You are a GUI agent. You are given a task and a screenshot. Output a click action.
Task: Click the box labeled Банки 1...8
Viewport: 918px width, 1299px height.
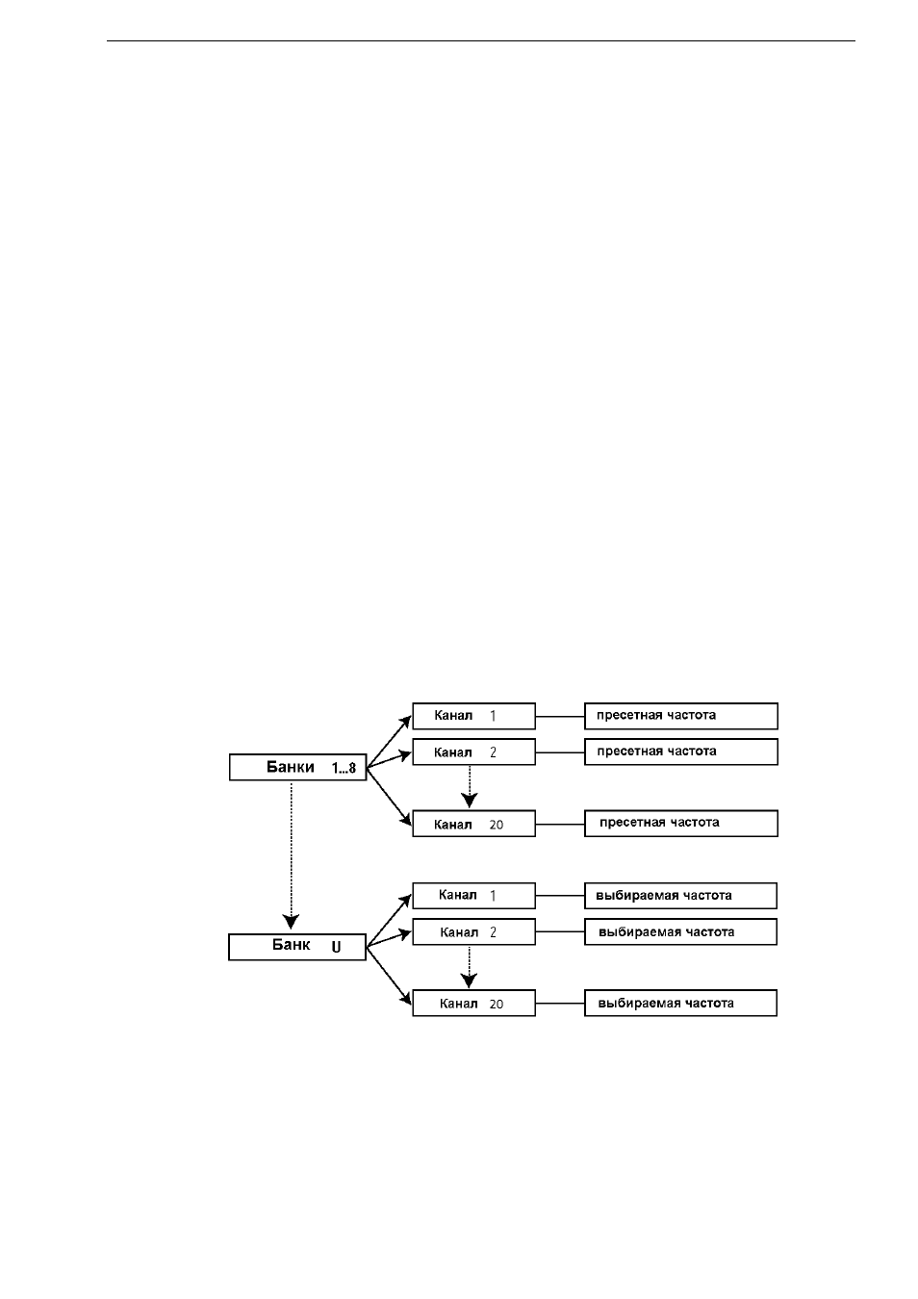click(x=298, y=767)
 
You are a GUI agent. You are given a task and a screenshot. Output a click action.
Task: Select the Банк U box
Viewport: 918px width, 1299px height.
click(x=297, y=947)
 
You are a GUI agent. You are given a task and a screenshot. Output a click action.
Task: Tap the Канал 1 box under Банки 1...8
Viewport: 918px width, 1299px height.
click(x=473, y=716)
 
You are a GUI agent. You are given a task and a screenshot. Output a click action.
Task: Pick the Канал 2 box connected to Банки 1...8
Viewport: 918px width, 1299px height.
click(x=473, y=752)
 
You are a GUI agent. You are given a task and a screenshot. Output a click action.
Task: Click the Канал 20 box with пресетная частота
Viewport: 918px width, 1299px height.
click(x=473, y=824)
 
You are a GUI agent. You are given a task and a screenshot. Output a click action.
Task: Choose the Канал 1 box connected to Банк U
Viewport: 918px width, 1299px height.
click(x=473, y=896)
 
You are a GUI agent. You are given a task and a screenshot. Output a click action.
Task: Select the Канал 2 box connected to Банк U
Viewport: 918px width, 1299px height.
click(x=473, y=932)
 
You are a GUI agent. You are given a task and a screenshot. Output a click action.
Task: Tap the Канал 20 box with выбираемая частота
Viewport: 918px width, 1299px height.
click(x=473, y=1004)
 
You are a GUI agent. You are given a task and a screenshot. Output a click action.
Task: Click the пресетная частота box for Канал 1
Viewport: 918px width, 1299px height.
click(x=681, y=716)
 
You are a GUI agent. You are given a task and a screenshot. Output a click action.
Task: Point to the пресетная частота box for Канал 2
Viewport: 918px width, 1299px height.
click(x=681, y=752)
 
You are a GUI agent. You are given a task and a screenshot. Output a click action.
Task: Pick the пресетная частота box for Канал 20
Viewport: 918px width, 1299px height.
click(x=681, y=824)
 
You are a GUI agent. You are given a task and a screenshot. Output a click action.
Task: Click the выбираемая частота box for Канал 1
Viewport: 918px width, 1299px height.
click(x=680, y=896)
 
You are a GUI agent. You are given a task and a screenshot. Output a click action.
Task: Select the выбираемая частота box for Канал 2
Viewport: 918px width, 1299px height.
click(x=680, y=932)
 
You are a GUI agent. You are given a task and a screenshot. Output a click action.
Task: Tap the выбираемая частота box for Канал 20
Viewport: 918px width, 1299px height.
click(x=680, y=1004)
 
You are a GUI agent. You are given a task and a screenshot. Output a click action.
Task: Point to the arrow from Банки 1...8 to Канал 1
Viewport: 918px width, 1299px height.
click(x=389, y=742)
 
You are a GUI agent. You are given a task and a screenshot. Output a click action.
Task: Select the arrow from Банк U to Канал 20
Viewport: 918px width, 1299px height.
click(x=389, y=973)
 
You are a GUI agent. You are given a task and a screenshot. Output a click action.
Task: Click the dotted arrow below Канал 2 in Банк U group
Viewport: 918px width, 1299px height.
click(x=470, y=967)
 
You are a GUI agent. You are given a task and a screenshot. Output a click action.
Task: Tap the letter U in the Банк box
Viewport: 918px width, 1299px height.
click(x=336, y=948)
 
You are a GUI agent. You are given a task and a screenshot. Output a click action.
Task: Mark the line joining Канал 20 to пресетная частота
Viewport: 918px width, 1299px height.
click(x=560, y=824)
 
